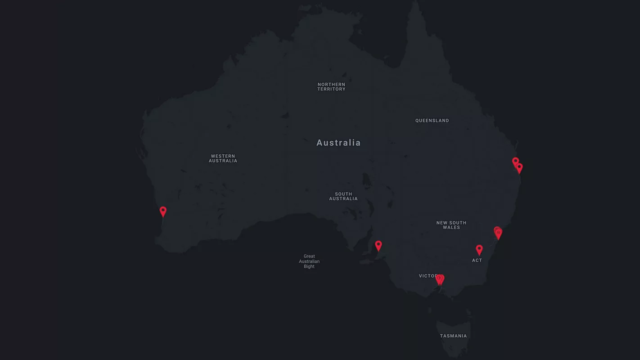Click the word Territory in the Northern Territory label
click(x=331, y=89)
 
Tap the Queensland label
click(x=432, y=121)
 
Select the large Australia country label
click(x=338, y=143)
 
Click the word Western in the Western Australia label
click(x=223, y=156)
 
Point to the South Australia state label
click(x=343, y=196)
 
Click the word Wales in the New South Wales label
click(x=451, y=228)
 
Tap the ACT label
click(x=477, y=261)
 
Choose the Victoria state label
click(x=428, y=276)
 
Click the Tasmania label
click(x=453, y=336)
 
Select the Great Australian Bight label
click(x=309, y=261)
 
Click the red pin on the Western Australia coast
click(x=163, y=211)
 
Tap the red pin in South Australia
click(x=379, y=245)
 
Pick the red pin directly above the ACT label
click(x=479, y=249)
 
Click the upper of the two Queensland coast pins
click(x=515, y=161)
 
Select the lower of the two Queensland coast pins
click(x=519, y=168)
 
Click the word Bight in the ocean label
click(x=309, y=266)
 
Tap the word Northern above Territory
click(x=331, y=84)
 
